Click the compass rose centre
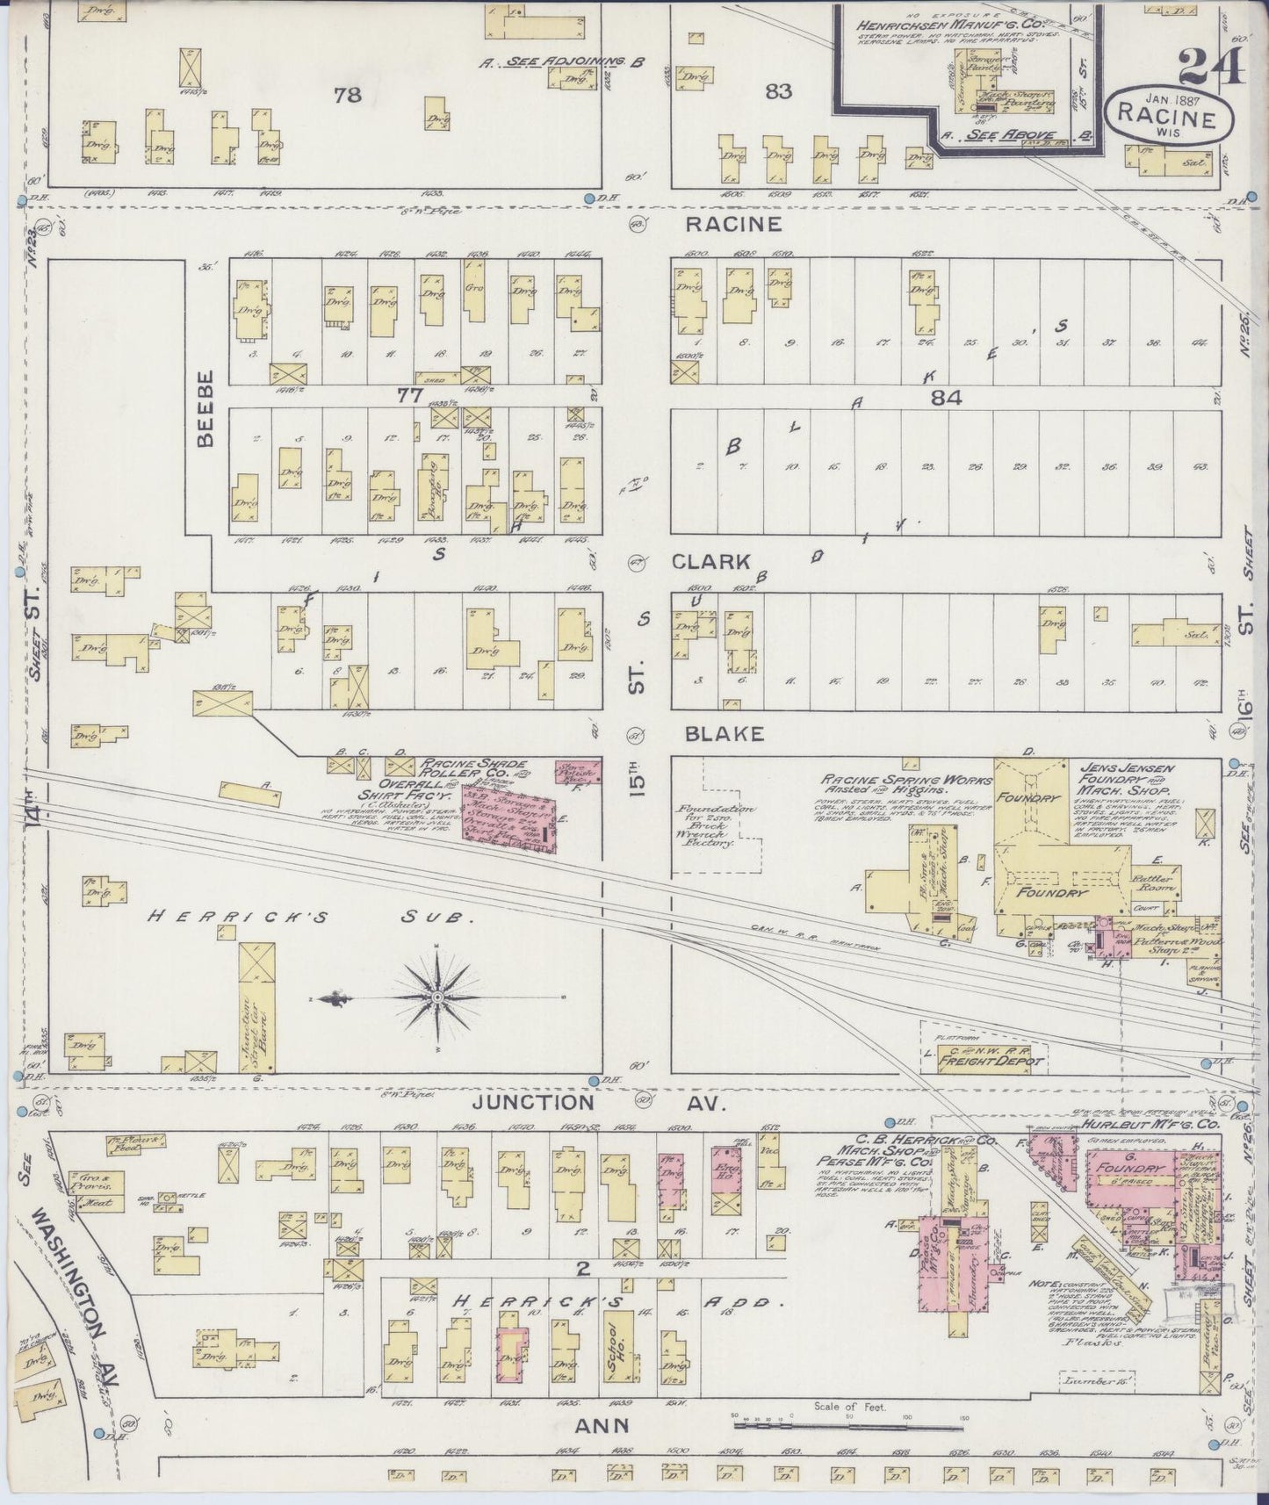coord(437,998)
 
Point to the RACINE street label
coord(733,224)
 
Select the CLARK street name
coord(710,562)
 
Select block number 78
coord(348,94)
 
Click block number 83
coord(778,90)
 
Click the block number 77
coord(409,396)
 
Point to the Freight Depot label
coord(990,1060)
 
